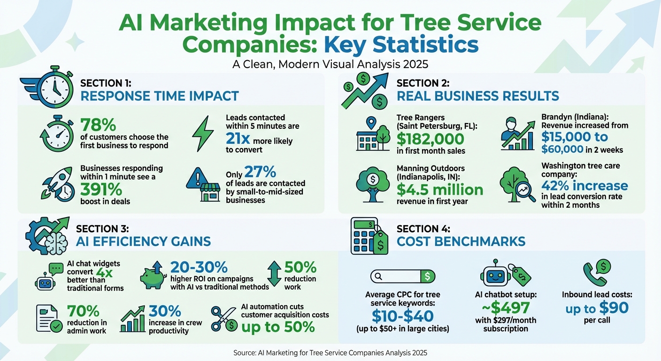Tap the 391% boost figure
click(x=101, y=189)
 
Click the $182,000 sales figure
click(x=430, y=139)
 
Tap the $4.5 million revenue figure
click(x=439, y=189)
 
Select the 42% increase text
click(x=584, y=185)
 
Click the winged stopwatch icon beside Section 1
click(x=48, y=87)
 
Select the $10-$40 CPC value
click(x=402, y=315)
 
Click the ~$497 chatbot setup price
click(x=505, y=308)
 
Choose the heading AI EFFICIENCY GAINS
click(x=143, y=242)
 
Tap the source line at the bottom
click(x=330, y=353)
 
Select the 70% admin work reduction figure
click(x=83, y=311)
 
